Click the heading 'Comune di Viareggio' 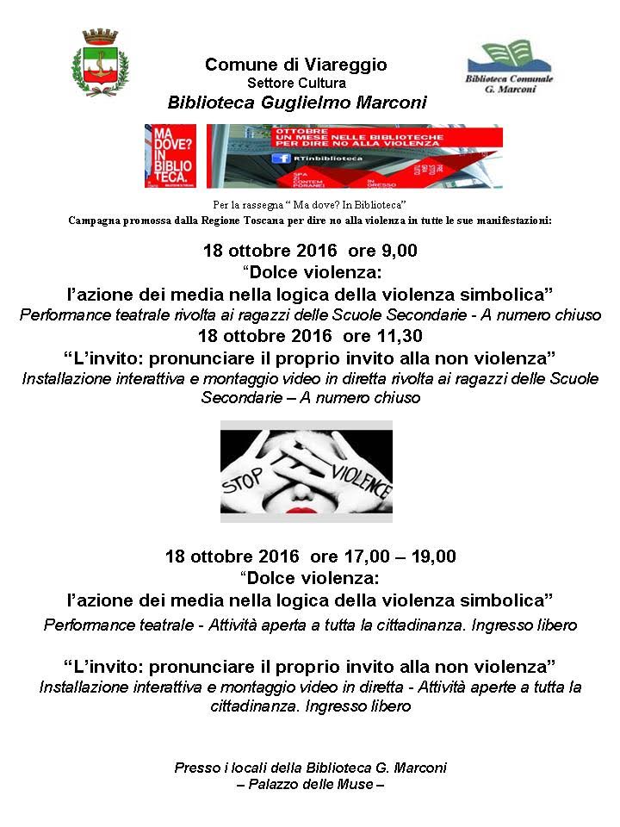pyautogui.click(x=296, y=65)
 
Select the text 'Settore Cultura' pyautogui.click(x=296, y=84)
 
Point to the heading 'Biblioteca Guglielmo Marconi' pyautogui.click(x=297, y=103)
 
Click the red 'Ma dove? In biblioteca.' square pyautogui.click(x=170, y=156)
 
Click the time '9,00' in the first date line pyautogui.click(x=399, y=252)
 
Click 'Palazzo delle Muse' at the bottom pyautogui.click(x=310, y=784)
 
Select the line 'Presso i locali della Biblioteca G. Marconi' pyautogui.click(x=310, y=768)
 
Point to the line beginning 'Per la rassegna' pyautogui.click(x=309, y=205)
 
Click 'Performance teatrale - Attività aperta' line pyautogui.click(x=310, y=625)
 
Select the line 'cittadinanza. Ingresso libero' pyautogui.click(x=310, y=706)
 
